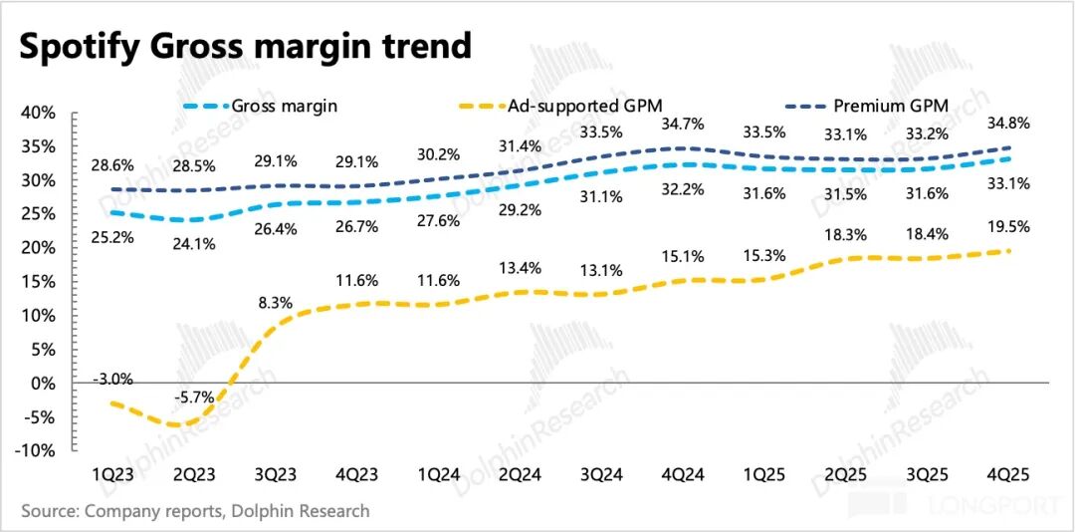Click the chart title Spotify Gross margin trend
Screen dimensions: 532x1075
(245, 46)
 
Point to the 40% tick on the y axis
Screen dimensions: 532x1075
(38, 113)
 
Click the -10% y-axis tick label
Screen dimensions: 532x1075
(35, 450)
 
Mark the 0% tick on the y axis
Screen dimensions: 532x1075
(42, 383)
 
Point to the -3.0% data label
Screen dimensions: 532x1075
(113, 379)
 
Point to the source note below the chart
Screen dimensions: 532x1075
(195, 511)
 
